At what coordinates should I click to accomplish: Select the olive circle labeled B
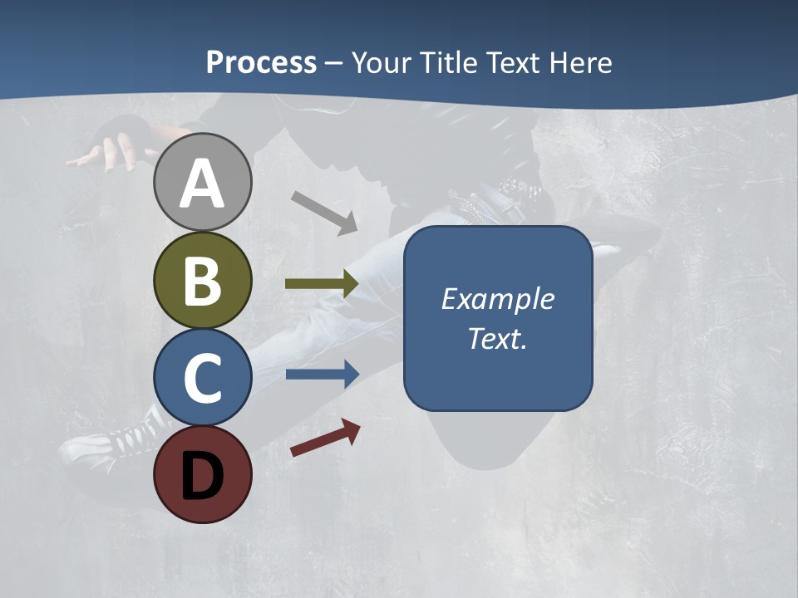(202, 281)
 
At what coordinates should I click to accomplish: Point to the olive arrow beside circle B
(322, 284)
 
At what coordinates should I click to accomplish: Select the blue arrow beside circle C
(322, 375)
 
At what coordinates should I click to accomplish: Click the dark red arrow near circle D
(325, 438)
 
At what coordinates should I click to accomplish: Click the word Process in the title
(261, 62)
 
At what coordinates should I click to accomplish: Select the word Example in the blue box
(497, 299)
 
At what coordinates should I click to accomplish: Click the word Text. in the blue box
(497, 339)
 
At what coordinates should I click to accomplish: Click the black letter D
(202, 476)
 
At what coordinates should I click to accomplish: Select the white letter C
(202, 378)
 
